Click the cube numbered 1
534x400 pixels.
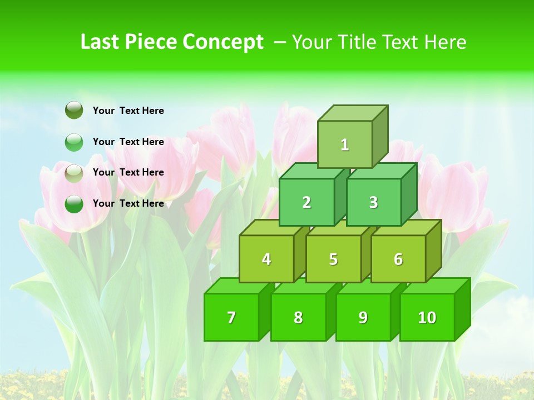click(345, 144)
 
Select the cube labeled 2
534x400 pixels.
click(306, 202)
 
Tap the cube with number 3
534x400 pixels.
click(373, 202)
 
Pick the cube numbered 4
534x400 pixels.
click(266, 259)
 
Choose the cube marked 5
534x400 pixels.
click(333, 259)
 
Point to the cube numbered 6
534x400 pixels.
click(398, 259)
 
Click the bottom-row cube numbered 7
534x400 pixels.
click(231, 317)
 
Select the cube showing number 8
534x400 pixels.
click(298, 317)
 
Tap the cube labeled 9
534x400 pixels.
click(363, 317)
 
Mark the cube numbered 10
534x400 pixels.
click(427, 317)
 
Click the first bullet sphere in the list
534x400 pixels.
click(74, 111)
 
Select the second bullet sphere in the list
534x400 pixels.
click(74, 142)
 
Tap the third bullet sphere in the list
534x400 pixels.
click(74, 173)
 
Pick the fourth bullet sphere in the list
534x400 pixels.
click(74, 204)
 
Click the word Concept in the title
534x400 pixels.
click(223, 42)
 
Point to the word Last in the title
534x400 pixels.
click(101, 42)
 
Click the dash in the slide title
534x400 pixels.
click(280, 42)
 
